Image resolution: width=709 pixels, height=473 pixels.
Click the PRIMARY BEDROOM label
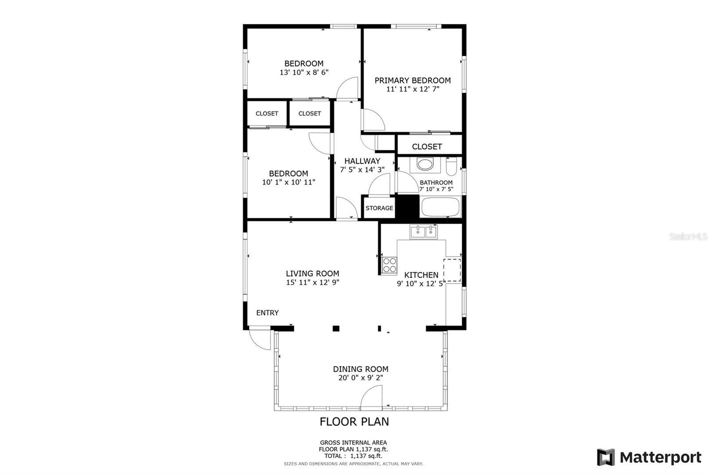(x=413, y=80)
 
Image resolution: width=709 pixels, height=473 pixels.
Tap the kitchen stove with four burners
(x=389, y=265)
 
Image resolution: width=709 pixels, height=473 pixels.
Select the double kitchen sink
(x=423, y=232)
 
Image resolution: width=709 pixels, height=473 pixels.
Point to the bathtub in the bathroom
(x=440, y=207)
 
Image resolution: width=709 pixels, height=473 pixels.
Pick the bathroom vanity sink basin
(x=425, y=164)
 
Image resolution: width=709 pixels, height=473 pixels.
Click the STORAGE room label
(x=379, y=208)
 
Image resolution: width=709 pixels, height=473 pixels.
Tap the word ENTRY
(x=268, y=313)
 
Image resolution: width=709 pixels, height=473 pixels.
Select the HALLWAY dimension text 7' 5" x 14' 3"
(x=362, y=169)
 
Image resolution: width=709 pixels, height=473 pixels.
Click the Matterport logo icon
(x=606, y=457)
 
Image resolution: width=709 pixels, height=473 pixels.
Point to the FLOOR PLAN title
(x=354, y=422)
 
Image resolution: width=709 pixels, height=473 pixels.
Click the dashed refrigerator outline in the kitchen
(x=452, y=270)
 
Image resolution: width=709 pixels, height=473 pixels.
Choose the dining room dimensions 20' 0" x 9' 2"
(x=361, y=378)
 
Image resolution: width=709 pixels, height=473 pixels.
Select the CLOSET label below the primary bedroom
(x=427, y=146)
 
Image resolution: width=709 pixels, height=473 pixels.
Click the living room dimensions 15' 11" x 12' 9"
(x=312, y=282)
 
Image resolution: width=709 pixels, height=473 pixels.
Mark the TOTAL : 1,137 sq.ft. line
(x=353, y=456)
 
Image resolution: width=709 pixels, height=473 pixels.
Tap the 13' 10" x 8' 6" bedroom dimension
(x=304, y=72)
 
